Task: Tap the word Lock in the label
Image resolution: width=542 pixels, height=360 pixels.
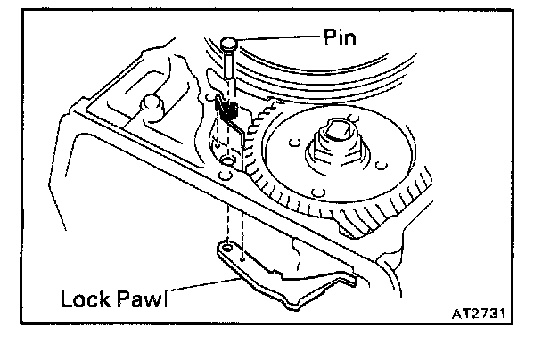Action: [84, 298]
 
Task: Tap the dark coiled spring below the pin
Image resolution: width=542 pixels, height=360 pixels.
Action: [228, 110]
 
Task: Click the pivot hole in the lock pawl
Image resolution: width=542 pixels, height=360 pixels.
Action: [231, 251]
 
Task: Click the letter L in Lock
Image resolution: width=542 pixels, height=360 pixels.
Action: [67, 298]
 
